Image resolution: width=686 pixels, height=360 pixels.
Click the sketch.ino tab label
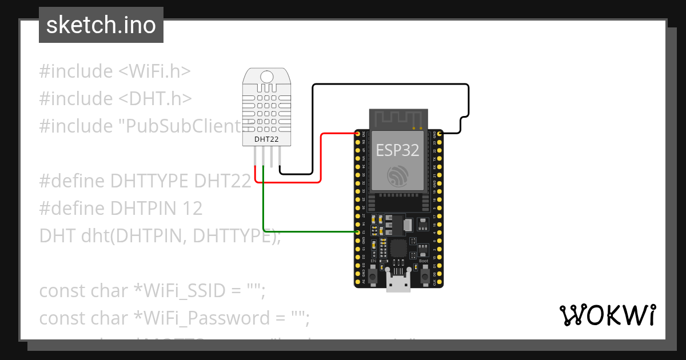tap(101, 25)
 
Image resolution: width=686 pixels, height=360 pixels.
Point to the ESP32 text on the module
tap(397, 150)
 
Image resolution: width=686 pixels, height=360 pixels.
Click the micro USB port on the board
tap(398, 282)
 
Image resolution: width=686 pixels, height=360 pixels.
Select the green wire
tap(309, 231)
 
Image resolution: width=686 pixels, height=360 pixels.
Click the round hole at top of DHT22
tap(266, 77)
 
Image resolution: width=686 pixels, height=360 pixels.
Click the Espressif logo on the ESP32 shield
tap(397, 175)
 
